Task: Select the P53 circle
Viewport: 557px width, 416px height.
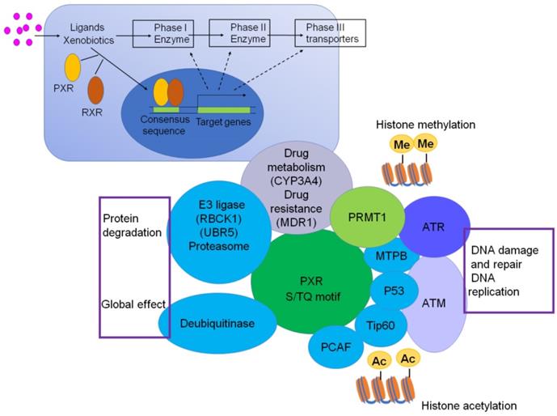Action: pos(394,289)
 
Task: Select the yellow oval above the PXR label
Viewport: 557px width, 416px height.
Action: pos(72,67)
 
